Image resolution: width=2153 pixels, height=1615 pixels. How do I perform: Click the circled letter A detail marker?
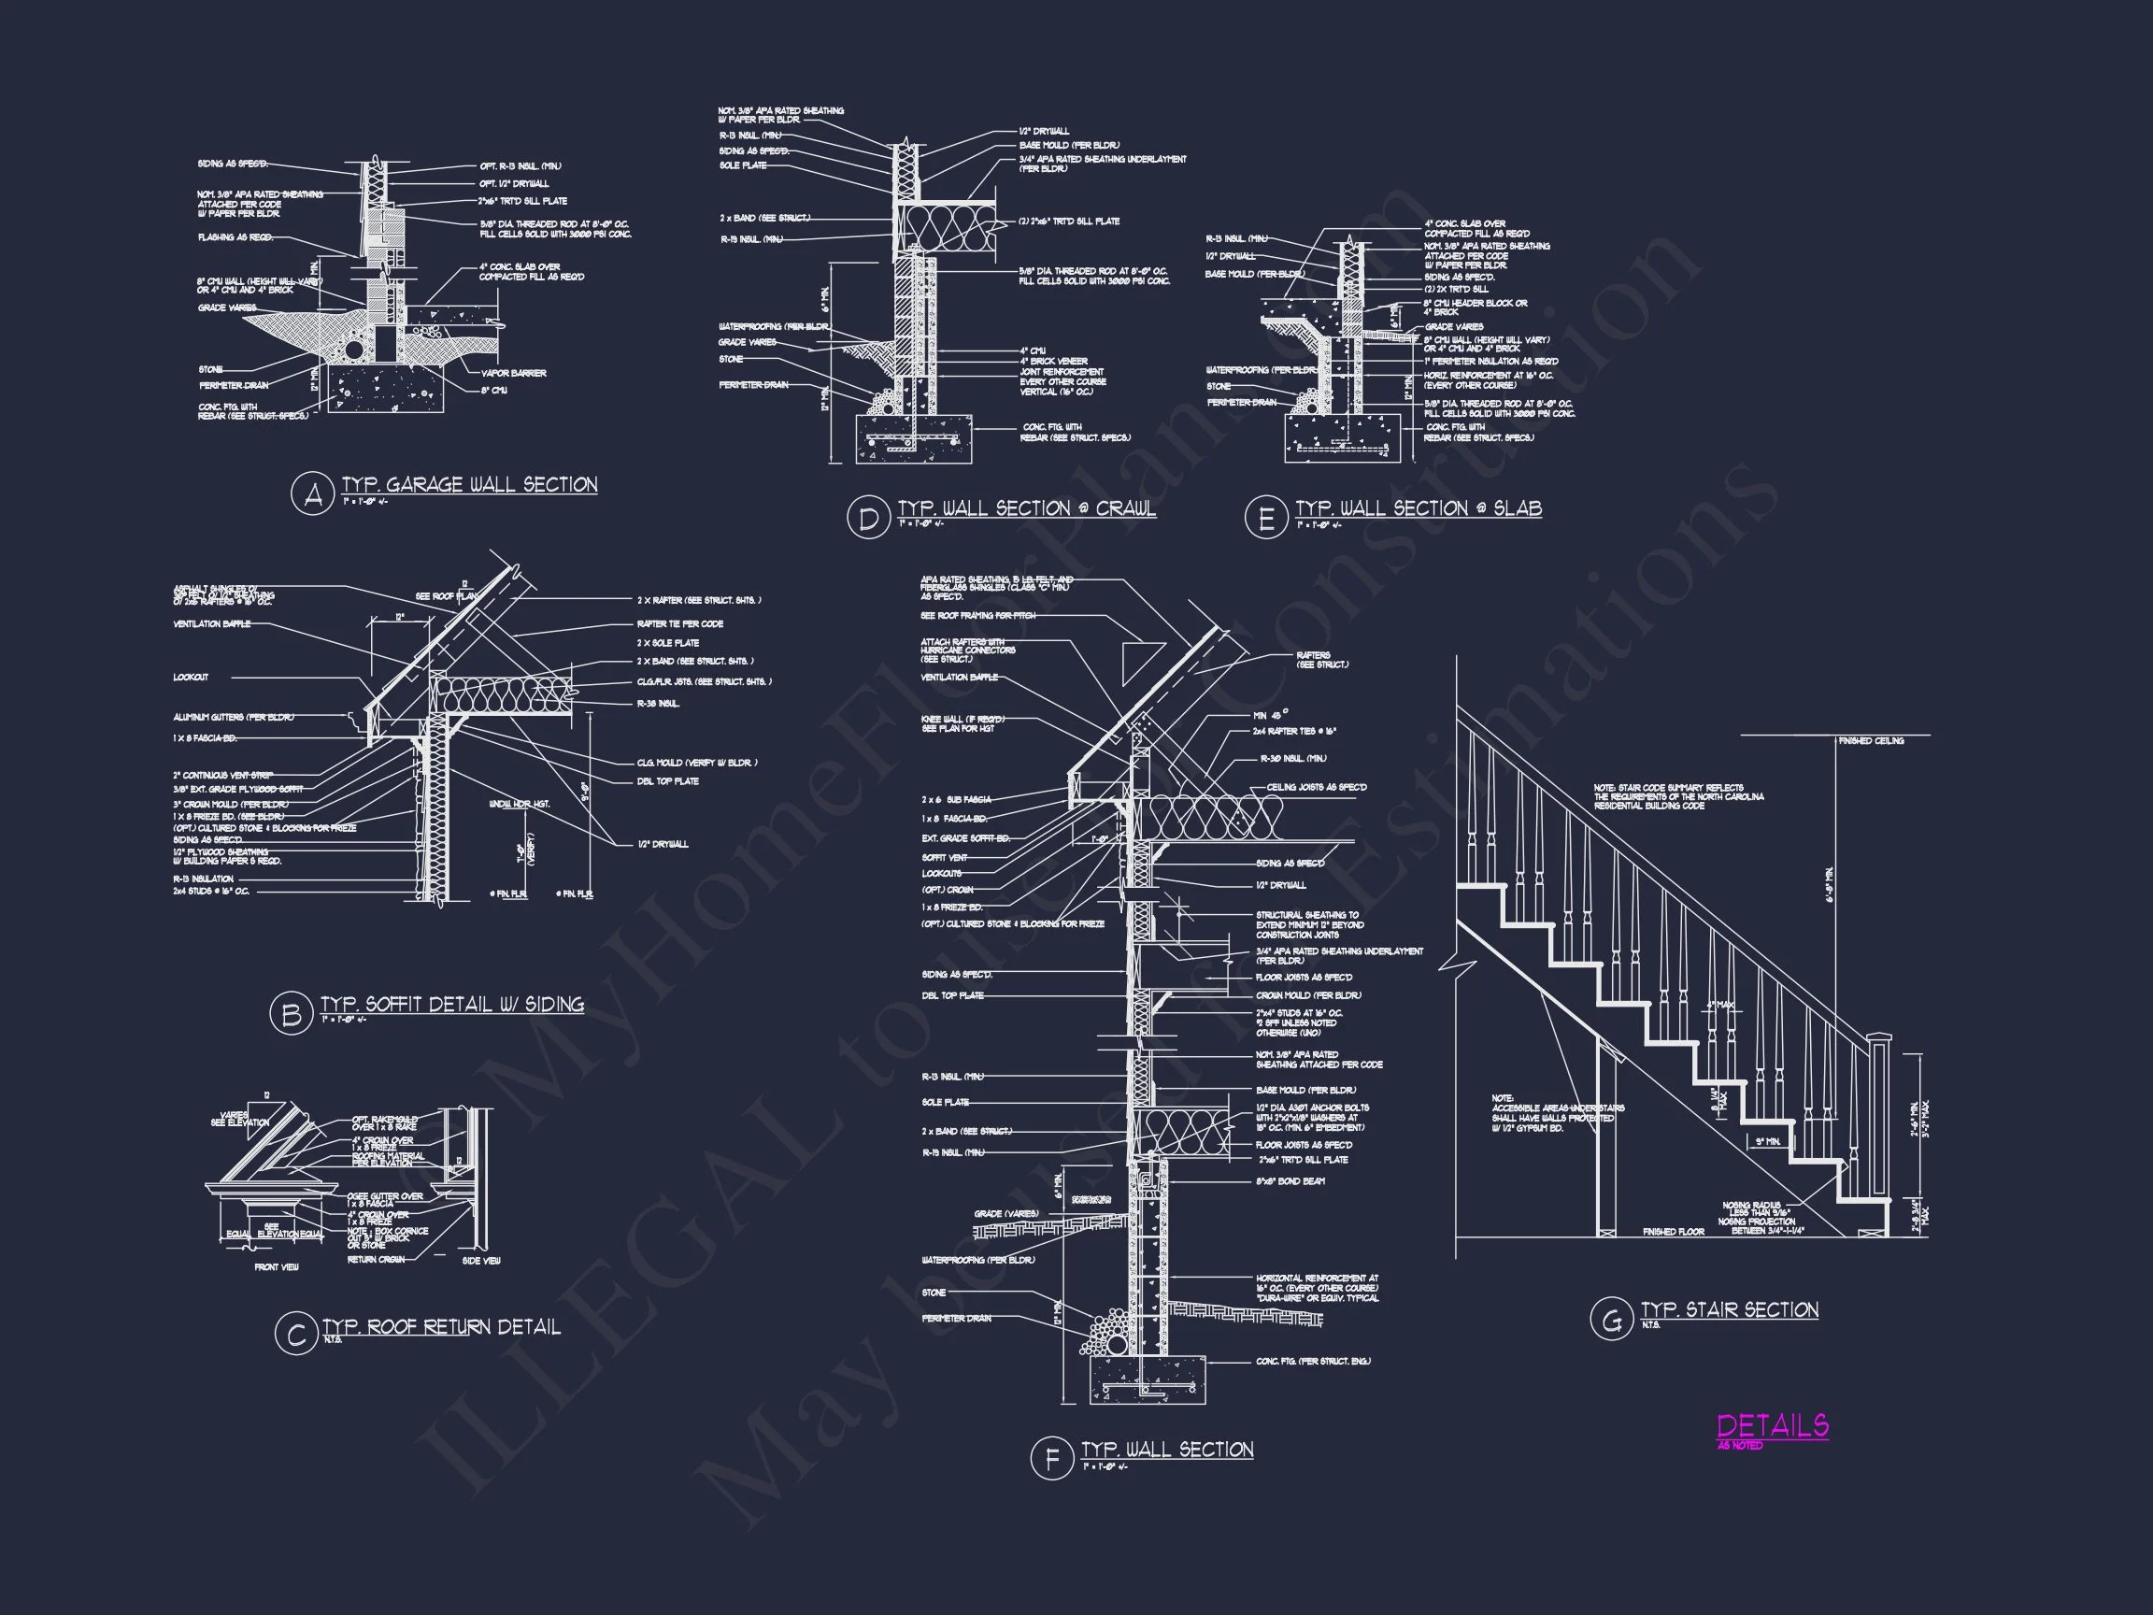click(313, 495)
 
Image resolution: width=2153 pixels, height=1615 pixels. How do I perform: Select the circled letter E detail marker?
click(1265, 517)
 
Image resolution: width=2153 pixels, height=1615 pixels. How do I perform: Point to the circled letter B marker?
click(290, 1014)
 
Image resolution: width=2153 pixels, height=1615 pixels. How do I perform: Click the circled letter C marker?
click(295, 1334)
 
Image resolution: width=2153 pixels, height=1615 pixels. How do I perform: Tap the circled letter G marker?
click(1611, 1320)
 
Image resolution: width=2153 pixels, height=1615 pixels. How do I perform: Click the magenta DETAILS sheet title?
click(1773, 1426)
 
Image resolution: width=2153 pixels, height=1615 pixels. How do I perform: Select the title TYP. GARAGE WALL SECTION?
click(469, 485)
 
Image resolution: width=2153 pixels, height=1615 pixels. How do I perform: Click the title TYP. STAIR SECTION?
click(1730, 1309)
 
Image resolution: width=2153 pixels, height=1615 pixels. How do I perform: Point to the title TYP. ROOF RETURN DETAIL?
click(442, 1326)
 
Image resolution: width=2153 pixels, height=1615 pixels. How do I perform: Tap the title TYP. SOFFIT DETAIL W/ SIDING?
click(452, 1004)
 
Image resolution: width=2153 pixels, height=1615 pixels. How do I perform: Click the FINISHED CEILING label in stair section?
click(1871, 741)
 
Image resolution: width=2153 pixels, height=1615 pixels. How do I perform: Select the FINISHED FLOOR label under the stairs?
click(1673, 1233)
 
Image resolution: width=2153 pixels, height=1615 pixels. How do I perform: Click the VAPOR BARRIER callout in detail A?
click(514, 373)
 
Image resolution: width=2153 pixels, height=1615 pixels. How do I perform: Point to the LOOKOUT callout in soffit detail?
click(191, 677)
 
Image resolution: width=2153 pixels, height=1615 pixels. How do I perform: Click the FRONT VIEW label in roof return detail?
click(277, 1266)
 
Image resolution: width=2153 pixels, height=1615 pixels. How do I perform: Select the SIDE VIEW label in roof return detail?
click(482, 1261)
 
